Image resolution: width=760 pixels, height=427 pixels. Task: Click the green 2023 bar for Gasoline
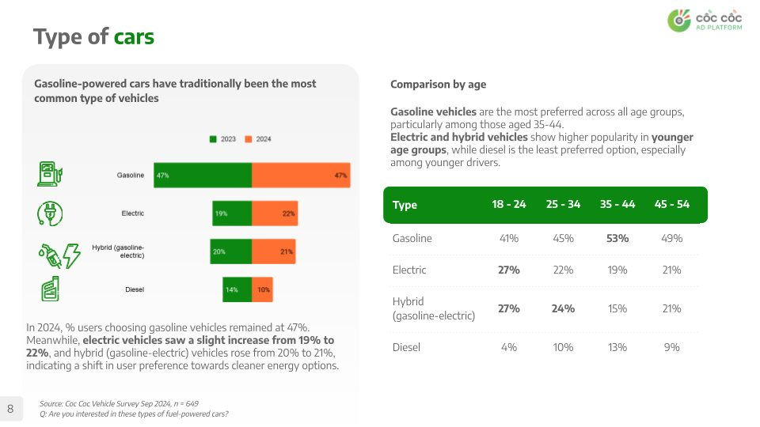203,176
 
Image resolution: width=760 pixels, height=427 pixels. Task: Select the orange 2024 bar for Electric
275,213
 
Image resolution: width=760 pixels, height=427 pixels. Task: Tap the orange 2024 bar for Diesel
262,289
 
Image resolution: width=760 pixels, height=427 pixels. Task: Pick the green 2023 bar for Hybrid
230,251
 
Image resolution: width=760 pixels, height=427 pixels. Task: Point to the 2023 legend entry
222,139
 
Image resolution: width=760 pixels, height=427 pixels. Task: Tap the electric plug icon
50,213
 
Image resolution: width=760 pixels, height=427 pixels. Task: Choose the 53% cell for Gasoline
617,238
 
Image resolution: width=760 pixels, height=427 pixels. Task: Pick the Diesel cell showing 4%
508,347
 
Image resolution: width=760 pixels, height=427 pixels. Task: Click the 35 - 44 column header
617,204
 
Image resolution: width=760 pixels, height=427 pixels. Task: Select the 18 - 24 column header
509,204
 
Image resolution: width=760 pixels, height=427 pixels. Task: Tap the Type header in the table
405,205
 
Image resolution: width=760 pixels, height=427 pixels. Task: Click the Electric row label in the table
409,270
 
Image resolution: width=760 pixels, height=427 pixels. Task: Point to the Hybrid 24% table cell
563,308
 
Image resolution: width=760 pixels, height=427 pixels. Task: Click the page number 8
10,409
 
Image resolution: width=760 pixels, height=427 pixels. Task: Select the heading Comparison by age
438,85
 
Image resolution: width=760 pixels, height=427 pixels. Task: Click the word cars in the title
134,36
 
